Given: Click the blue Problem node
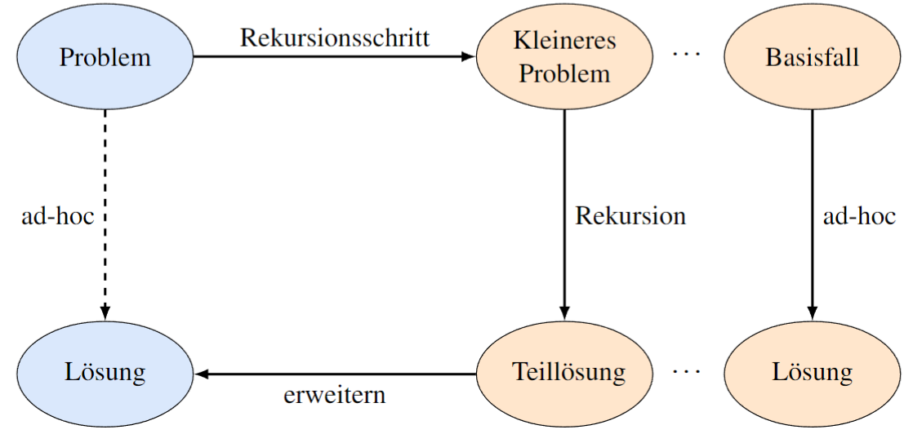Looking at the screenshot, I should (x=105, y=57).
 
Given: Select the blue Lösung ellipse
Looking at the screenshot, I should (x=105, y=374).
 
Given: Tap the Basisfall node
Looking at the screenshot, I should (x=812, y=57).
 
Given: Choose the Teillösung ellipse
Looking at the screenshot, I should (x=564, y=374).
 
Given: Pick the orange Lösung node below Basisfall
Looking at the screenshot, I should (x=812, y=374).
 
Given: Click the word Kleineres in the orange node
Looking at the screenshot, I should (x=564, y=40).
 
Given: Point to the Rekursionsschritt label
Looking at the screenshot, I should (x=335, y=38).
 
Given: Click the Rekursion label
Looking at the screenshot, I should (x=630, y=216).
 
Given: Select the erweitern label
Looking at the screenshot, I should (x=335, y=396).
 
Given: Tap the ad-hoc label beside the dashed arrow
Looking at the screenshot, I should (x=57, y=216).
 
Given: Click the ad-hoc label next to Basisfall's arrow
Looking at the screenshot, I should (x=859, y=216).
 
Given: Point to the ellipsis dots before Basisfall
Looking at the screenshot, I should (x=687, y=55).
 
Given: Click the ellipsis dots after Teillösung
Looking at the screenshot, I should (x=687, y=372).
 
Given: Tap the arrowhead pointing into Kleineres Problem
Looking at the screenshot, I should (x=468, y=57).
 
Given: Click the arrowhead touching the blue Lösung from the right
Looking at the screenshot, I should (x=201, y=374).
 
